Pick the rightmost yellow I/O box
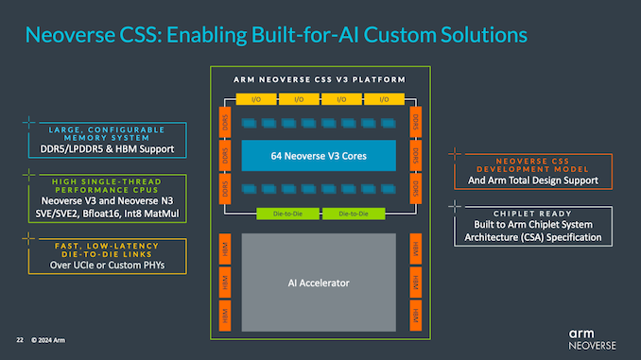(382, 98)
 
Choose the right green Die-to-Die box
(352, 214)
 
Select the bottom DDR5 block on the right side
(415, 189)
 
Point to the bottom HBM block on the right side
(415, 316)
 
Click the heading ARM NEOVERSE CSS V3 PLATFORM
(320, 80)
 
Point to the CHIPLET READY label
(537, 214)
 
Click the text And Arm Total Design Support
(537, 179)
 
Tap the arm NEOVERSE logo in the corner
(594, 338)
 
